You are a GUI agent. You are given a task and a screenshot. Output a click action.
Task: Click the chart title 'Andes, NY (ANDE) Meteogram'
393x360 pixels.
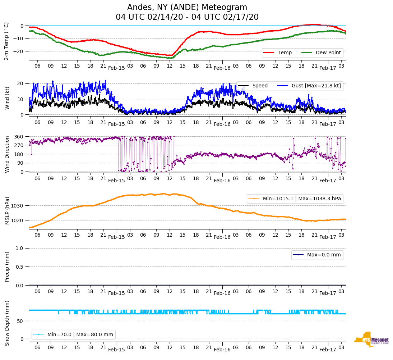tap(187, 8)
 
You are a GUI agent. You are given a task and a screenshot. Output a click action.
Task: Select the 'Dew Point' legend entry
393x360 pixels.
tap(328, 53)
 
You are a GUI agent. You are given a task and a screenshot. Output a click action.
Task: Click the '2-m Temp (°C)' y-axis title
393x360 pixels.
tap(6, 41)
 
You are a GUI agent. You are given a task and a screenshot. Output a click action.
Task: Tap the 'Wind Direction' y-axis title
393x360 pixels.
tap(6, 154)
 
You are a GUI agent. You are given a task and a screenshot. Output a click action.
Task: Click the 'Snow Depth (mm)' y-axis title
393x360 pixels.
tap(6, 323)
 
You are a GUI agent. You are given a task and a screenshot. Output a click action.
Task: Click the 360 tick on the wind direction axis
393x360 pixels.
tap(19, 137)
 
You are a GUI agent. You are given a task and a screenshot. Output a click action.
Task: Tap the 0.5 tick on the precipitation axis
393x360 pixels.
tap(20, 267)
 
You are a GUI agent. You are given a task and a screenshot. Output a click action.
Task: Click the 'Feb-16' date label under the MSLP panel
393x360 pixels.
tap(222, 237)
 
